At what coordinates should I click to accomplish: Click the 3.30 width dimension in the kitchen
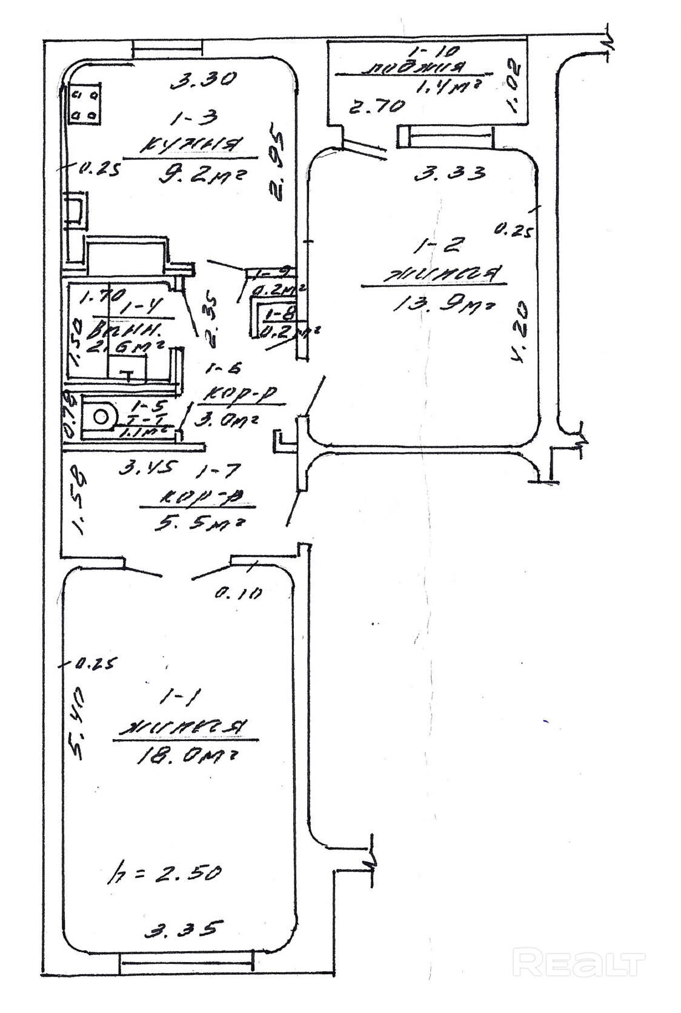[x=202, y=79]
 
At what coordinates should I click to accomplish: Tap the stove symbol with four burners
[x=84, y=104]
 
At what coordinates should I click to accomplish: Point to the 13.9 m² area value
[x=443, y=305]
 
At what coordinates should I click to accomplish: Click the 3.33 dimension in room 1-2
[x=450, y=174]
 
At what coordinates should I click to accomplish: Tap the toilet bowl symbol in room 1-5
[x=101, y=416]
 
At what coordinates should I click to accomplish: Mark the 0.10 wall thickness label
[x=238, y=593]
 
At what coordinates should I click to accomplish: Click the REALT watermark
[x=579, y=963]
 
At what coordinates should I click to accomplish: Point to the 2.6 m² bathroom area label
[x=126, y=348]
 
